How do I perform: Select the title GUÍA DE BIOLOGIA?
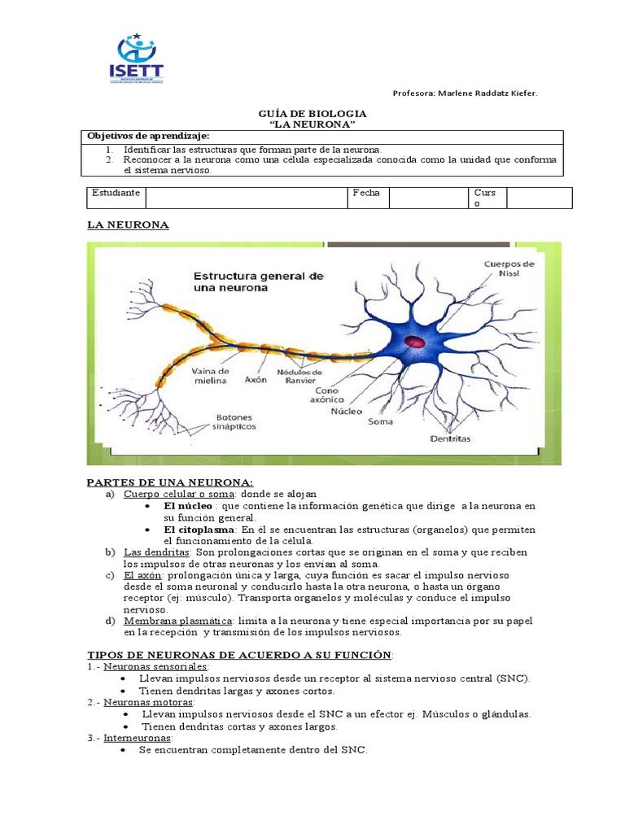(x=312, y=114)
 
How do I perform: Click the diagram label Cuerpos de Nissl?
(x=509, y=268)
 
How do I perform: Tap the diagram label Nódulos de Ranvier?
(x=299, y=376)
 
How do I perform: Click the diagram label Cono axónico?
(x=329, y=395)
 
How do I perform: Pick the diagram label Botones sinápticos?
(x=234, y=421)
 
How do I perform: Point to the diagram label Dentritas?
(x=450, y=438)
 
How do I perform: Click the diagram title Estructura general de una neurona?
(x=258, y=282)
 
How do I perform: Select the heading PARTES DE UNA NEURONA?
(x=170, y=482)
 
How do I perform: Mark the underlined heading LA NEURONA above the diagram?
(x=128, y=225)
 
